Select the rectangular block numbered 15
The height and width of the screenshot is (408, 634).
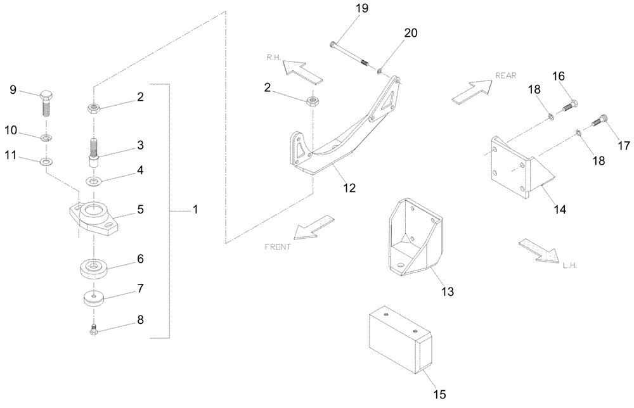[399, 343]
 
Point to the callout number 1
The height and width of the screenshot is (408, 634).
[195, 209]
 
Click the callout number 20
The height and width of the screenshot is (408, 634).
[410, 34]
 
